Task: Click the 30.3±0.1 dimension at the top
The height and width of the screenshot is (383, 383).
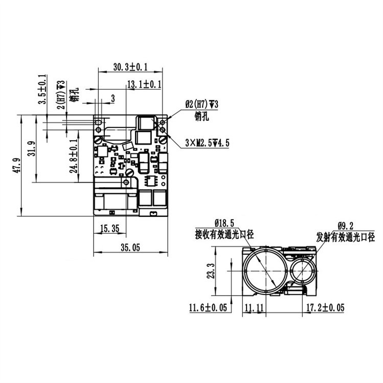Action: pyautogui.click(x=130, y=67)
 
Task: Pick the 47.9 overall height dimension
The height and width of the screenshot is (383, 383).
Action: pyautogui.click(x=17, y=166)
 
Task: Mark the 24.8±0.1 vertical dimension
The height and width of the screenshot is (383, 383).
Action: pyautogui.click(x=75, y=155)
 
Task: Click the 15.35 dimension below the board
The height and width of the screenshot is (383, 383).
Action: pyautogui.click(x=110, y=230)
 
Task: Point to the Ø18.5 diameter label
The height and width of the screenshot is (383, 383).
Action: pyautogui.click(x=224, y=223)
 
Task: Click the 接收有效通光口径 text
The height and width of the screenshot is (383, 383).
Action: pyautogui.click(x=224, y=235)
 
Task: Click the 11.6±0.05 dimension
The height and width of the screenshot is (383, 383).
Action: pyautogui.click(x=209, y=308)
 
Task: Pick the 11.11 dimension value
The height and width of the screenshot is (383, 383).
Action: pyautogui.click(x=254, y=308)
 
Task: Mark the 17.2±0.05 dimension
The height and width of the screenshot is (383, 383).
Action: pyautogui.click(x=325, y=308)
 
